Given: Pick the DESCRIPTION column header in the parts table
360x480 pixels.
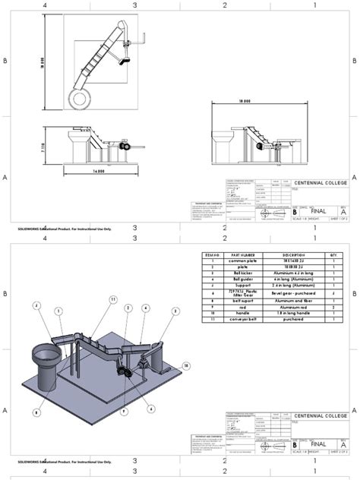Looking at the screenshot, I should pos(293,255).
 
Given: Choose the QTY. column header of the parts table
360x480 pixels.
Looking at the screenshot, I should pos(332,255).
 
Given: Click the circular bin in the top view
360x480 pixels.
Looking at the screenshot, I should pos(77,97).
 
